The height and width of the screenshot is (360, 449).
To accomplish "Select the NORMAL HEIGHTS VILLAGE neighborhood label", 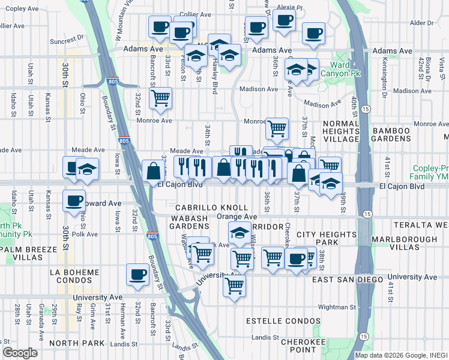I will coord(340,131).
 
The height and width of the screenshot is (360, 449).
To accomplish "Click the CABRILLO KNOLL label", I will coord(203,208).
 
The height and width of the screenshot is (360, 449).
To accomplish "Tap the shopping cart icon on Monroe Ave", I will coord(276,127).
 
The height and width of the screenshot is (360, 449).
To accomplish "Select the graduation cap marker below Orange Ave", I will coord(239,232).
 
